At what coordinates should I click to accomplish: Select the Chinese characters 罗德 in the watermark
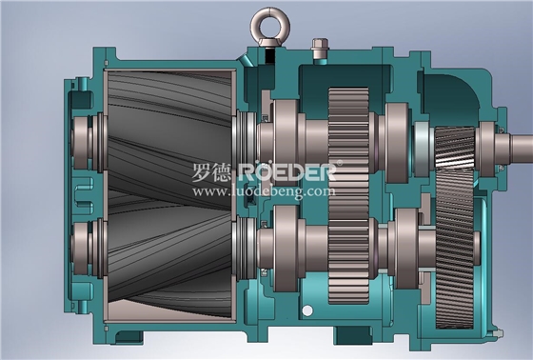pyautogui.click(x=211, y=172)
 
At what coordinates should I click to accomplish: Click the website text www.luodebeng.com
pyautogui.click(x=264, y=191)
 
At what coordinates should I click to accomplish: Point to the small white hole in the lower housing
pyautogui.click(x=307, y=310)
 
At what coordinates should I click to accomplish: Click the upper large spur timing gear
pyautogui.click(x=348, y=143)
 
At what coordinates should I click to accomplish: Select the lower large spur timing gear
pyautogui.click(x=348, y=251)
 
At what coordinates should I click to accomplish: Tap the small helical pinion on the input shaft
pyautogui.click(x=455, y=148)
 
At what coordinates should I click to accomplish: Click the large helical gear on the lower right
pyautogui.click(x=455, y=249)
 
